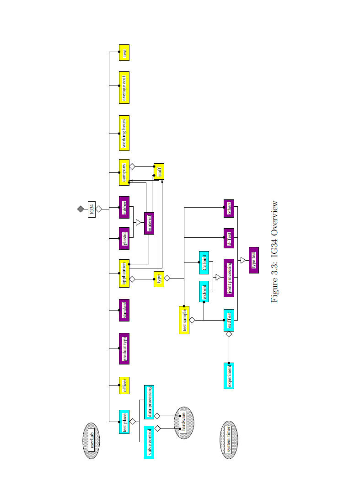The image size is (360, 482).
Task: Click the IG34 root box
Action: coord(91,209)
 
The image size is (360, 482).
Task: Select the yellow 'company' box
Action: coord(124,172)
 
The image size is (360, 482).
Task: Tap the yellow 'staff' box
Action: coord(159,171)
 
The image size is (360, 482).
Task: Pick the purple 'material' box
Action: coord(149,223)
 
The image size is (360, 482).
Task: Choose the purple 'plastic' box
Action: coord(124,238)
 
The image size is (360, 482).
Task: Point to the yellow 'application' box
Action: coord(124,274)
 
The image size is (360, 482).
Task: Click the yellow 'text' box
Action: coord(124,53)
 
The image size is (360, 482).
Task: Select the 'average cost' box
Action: coord(124,87)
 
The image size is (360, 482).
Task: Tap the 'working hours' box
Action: coord(124,133)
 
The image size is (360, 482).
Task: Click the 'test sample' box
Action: coord(184,320)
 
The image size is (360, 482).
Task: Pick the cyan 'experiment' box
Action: coord(229,375)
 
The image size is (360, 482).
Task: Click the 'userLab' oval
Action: coord(91,440)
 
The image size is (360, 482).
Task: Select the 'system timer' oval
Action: coord(229,440)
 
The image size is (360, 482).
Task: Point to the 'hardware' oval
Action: coord(184,423)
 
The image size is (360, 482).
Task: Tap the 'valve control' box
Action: coord(149,442)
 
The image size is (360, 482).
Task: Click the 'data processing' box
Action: coord(149,402)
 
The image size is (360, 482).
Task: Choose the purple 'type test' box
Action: coord(254,260)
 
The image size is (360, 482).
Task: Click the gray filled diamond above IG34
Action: coord(81,209)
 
